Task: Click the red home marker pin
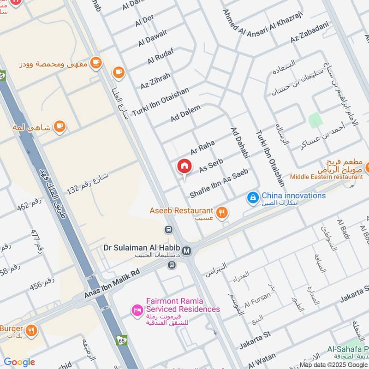pos(184,167)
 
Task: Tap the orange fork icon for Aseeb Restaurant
pos(222,212)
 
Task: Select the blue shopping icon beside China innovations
pos(252,197)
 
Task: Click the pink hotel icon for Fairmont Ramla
pos(137,309)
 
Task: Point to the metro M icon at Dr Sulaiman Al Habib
pos(187,250)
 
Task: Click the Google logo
pos(19,362)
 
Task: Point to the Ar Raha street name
pos(202,148)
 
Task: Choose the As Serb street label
pos(211,166)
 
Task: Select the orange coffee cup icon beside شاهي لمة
pos(60,126)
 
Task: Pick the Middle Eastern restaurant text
pos(326,177)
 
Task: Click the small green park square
pos(315,121)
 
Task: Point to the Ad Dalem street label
pos(185,113)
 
